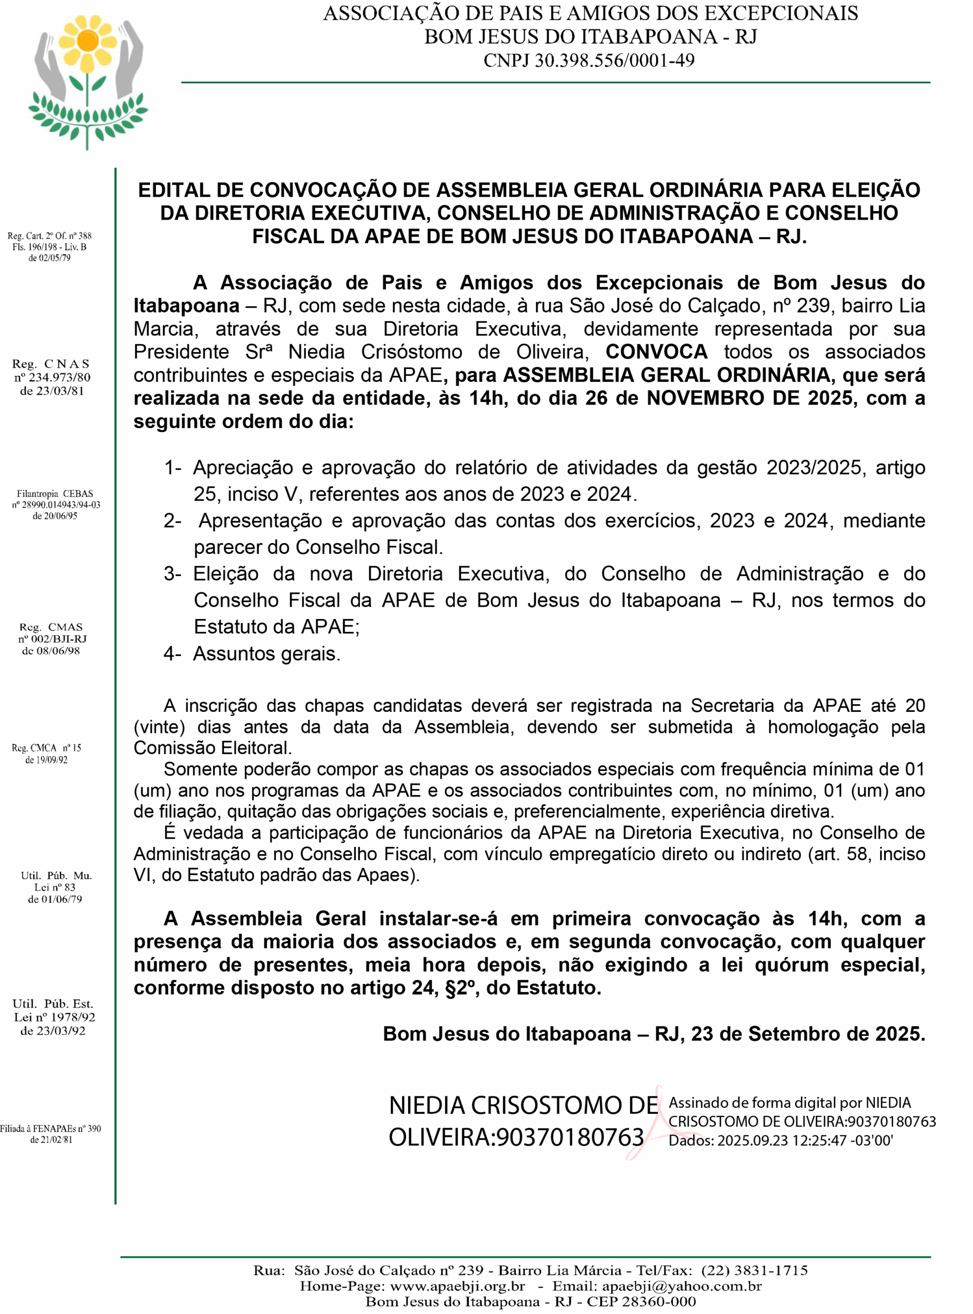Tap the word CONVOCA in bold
point(656,352)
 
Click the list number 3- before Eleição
point(173,573)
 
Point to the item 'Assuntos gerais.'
point(267,653)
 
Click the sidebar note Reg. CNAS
point(51,364)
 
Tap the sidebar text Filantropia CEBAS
point(55,494)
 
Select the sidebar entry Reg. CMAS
point(51,627)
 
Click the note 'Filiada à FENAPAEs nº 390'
point(51,1129)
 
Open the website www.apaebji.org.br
point(457,1286)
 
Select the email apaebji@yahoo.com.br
point(681,1286)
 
